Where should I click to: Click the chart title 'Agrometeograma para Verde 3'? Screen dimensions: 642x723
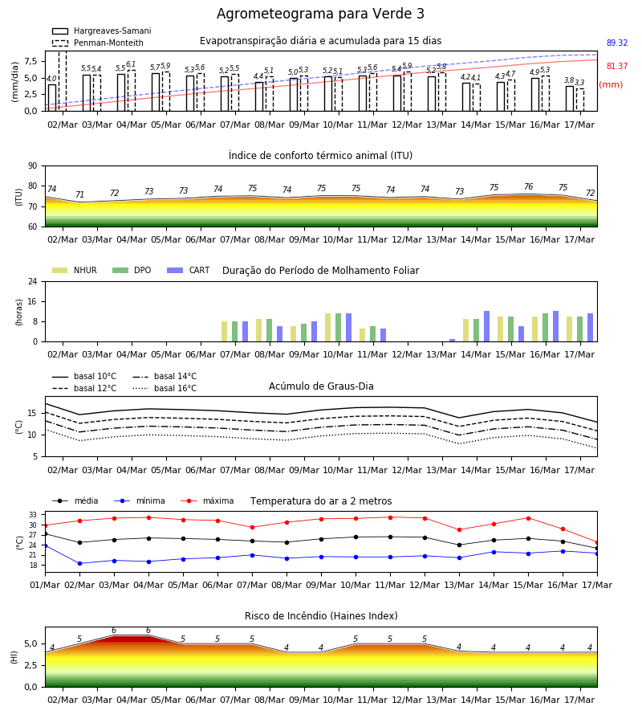coord(320,14)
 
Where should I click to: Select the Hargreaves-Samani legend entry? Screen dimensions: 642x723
coord(101,31)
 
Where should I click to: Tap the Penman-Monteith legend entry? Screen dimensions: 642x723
coord(98,43)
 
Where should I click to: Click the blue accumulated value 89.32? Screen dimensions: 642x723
coord(616,43)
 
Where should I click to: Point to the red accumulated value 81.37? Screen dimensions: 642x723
coord(616,67)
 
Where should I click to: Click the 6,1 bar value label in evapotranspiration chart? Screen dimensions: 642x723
coord(131,64)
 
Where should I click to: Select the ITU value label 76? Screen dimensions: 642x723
coord(528,186)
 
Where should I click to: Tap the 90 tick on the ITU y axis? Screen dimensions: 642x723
coord(33,166)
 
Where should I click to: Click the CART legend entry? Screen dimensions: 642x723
coord(189,270)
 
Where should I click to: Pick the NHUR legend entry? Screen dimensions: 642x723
coord(75,270)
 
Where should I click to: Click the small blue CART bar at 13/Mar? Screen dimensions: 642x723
coord(453,341)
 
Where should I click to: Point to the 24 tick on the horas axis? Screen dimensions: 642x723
coord(33,281)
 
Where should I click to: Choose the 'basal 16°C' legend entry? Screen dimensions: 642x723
coord(165,388)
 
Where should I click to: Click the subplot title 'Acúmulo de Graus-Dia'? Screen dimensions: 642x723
coord(321,386)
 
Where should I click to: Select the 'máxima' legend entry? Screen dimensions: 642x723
coord(207,500)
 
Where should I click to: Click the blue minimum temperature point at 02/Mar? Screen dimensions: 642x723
coord(79,563)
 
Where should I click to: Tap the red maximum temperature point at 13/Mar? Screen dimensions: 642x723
coord(459,530)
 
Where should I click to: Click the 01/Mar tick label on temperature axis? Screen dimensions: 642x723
coord(45,585)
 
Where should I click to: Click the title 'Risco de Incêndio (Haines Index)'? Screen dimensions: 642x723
coord(321,616)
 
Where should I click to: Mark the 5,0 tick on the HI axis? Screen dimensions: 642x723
coord(30,643)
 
